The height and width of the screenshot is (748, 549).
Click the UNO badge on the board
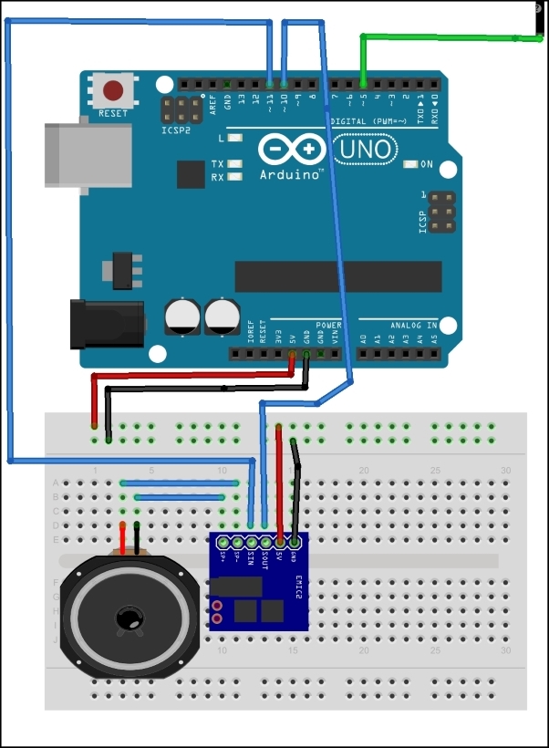tap(366, 148)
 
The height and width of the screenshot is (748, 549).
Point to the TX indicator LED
tap(236, 164)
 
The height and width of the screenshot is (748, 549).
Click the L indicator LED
tap(236, 139)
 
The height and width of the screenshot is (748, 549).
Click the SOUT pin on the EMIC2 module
tap(265, 542)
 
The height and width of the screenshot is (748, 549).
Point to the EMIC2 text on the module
tap(298, 593)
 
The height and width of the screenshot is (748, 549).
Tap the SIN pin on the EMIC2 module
tap(252, 542)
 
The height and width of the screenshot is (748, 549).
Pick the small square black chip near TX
tap(192, 174)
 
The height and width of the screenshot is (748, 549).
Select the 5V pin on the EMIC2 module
tap(279, 542)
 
